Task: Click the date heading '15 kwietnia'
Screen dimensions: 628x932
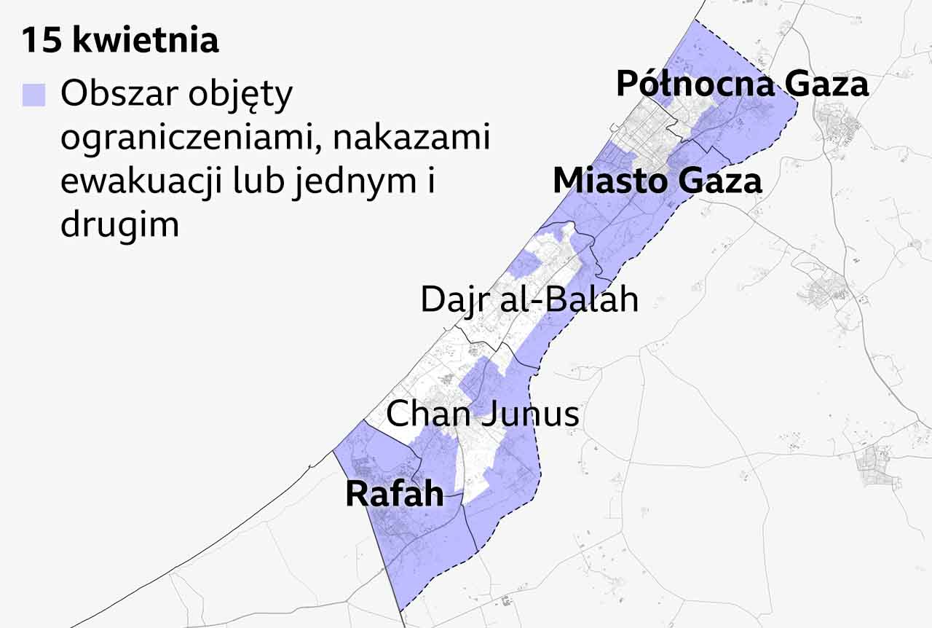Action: click(x=119, y=41)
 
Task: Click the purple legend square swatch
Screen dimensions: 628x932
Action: click(x=33, y=95)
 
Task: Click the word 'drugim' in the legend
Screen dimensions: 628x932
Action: click(x=119, y=225)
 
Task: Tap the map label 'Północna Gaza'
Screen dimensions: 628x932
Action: click(x=742, y=85)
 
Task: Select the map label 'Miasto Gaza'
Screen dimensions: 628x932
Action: click(x=657, y=181)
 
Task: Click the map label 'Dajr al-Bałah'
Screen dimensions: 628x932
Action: click(x=529, y=299)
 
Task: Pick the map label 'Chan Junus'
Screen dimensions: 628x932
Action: click(x=482, y=414)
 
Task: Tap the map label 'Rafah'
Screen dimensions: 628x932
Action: click(x=394, y=494)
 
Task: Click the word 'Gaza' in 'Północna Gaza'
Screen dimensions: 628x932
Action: click(x=826, y=85)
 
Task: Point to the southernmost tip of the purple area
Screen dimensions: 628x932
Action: click(x=400, y=609)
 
